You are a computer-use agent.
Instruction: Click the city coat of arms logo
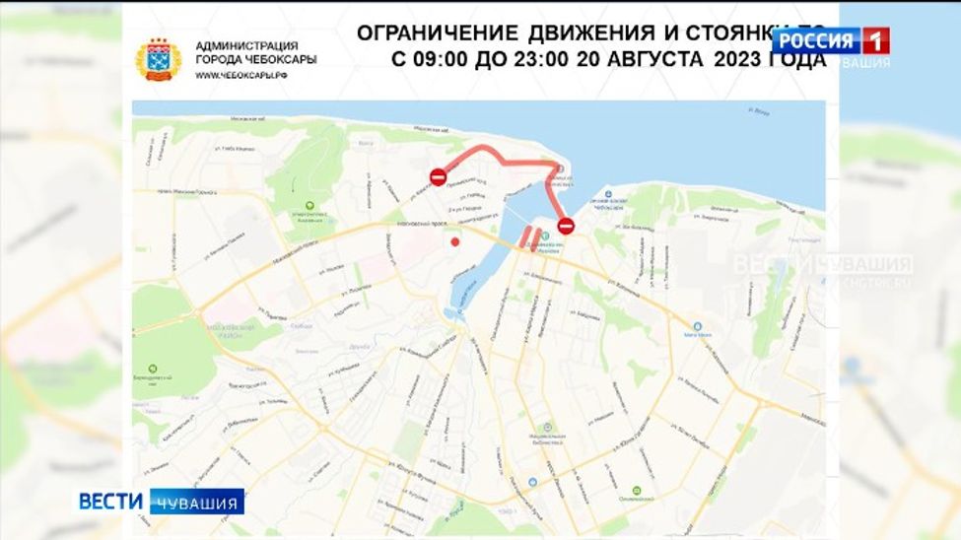(158, 58)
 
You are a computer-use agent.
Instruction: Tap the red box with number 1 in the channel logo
(875, 40)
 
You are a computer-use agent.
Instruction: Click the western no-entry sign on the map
(439, 176)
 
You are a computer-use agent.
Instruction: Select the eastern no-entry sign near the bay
(566, 227)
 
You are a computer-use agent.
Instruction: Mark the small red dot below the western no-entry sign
(454, 240)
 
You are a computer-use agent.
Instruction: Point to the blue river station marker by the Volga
(608, 195)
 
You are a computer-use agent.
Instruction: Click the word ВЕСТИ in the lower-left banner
(112, 501)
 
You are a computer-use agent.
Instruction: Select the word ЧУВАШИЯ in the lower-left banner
(197, 503)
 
